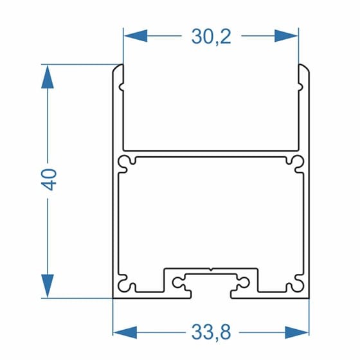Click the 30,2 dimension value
point(212,37)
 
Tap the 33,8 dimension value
point(212,332)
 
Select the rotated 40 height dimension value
point(49,180)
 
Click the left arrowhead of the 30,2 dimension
point(136,36)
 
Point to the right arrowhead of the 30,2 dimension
point(286,36)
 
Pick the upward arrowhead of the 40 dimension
point(48,76)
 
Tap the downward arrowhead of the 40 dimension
point(48,285)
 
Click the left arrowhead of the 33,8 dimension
point(125,332)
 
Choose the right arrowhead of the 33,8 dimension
point(296,332)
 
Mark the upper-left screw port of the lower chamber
point(126,164)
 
